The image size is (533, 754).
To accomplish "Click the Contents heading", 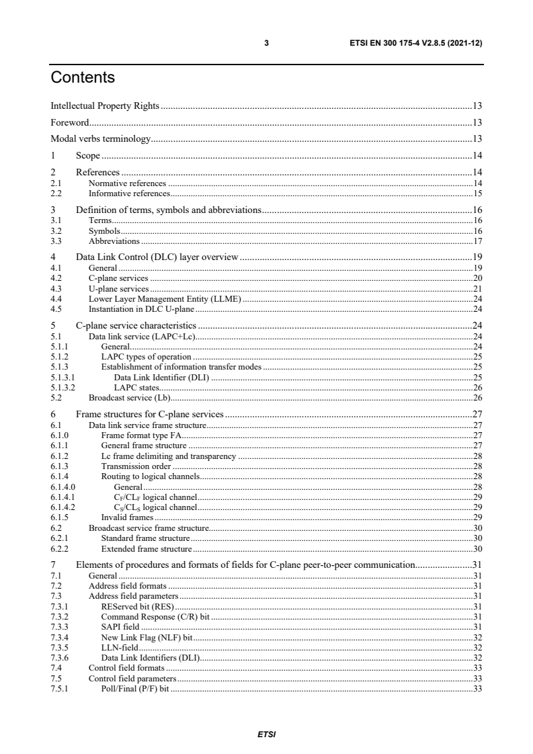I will coord(83,78).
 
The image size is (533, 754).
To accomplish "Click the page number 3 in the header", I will coord(267,42).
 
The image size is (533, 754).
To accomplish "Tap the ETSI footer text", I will coord(267,735).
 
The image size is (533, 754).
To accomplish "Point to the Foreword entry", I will coord(70,123).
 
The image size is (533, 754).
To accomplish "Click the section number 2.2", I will coord(56,193).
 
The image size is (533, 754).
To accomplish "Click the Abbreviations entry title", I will coord(114,241).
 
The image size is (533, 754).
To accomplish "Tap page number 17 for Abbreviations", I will coord(479,241).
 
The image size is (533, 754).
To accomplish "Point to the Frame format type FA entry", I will coord(142,435).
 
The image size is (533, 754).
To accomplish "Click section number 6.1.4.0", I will coord(63,487).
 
